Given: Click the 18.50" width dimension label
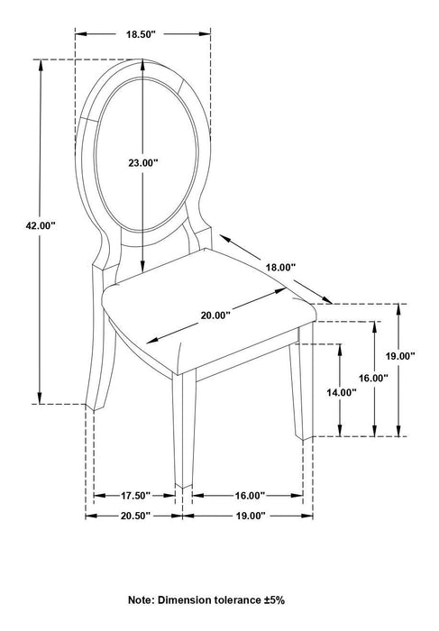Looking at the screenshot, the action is pos(141,34).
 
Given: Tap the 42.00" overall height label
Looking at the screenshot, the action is pos(41,225).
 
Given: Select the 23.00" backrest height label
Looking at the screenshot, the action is pos(143,163).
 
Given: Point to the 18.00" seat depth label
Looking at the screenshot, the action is pos(280,267).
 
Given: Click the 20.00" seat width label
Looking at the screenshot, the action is pos(215,315).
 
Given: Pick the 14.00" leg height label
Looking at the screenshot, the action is pos(342,392).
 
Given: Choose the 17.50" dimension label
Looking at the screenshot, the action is pos(135,496).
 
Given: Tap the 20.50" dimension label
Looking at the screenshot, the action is pos(135,516).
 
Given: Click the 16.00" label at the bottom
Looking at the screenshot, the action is pos(250,496).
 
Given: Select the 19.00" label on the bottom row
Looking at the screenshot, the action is pos(251,516).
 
